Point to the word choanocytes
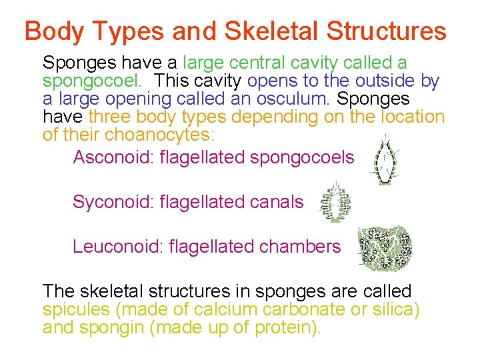coord(155,135)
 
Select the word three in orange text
coord(110,117)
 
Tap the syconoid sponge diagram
coord(336,203)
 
